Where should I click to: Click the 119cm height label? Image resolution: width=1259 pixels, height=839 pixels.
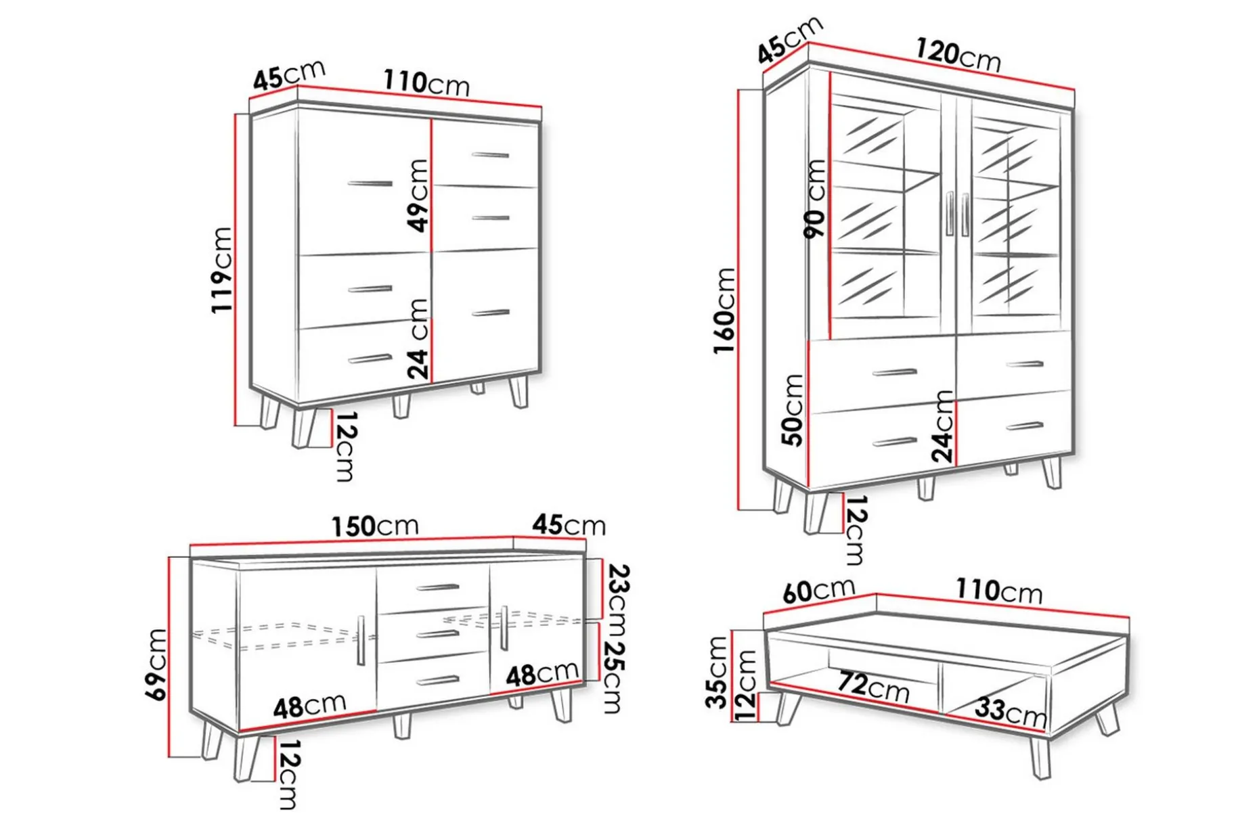coord(222,270)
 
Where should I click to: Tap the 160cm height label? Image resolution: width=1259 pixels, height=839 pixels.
coord(724,310)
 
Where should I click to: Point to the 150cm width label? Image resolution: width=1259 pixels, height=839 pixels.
coord(374,526)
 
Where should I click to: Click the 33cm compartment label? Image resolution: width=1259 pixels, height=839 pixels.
coord(1011,712)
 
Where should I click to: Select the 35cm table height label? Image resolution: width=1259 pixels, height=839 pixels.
coord(717,672)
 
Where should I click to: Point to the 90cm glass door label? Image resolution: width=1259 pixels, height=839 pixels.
coord(816,198)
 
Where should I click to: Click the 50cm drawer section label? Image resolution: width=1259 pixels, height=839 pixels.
coord(793,410)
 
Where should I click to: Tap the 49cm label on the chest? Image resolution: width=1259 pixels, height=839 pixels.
coord(419,196)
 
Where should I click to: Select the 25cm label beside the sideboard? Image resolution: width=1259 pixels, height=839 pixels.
coord(613,677)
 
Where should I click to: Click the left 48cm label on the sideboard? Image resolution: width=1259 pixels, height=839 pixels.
coord(309,706)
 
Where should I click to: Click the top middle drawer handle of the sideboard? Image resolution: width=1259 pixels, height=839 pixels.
coord(438,587)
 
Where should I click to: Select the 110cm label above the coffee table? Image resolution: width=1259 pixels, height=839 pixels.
coord(998,591)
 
